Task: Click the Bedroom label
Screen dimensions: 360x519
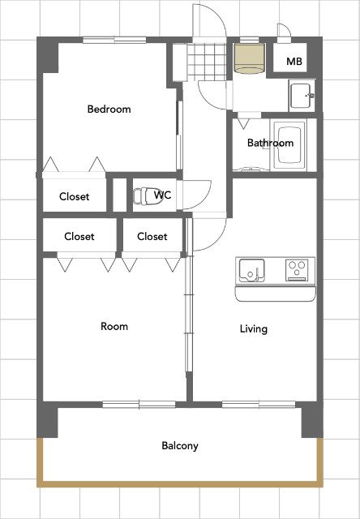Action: (109, 109)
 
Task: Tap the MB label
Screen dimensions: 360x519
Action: (294, 62)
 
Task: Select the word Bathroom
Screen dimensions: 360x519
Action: (270, 143)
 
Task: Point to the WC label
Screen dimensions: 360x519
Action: (162, 195)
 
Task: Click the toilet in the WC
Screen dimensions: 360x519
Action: (145, 196)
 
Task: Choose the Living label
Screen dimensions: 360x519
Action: (254, 329)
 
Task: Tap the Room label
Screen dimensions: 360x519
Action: (114, 326)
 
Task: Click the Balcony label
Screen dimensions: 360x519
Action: (180, 446)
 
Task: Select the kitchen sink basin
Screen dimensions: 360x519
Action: (251, 270)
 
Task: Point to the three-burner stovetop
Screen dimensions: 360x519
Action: (297, 270)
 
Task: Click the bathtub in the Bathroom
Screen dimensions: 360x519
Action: (289, 144)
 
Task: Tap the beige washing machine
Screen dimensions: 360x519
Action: (250, 58)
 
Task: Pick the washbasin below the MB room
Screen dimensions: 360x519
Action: (302, 96)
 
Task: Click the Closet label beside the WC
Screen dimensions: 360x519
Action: (74, 196)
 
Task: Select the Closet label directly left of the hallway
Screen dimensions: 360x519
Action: (152, 236)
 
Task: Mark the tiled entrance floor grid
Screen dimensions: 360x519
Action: (207, 62)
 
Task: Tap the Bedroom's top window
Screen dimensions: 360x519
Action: (114, 40)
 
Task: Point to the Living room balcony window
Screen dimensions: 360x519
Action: (259, 405)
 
